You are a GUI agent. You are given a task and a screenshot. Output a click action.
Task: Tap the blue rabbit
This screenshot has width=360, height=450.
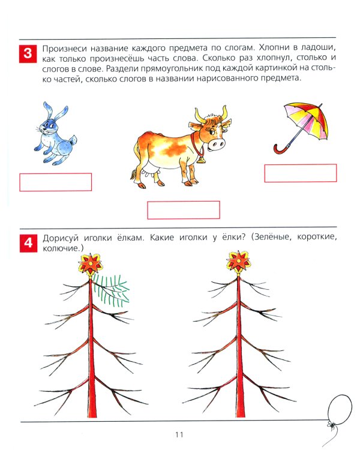(x=51, y=135)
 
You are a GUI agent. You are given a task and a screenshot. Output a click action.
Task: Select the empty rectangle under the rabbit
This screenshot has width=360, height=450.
(x=56, y=182)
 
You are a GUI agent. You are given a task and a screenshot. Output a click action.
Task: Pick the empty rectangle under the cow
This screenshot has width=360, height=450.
(x=184, y=210)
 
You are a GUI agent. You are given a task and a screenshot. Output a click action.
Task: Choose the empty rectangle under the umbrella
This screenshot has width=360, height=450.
(x=301, y=173)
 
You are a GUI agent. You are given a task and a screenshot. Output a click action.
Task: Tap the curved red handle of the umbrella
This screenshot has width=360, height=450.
(x=281, y=147)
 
